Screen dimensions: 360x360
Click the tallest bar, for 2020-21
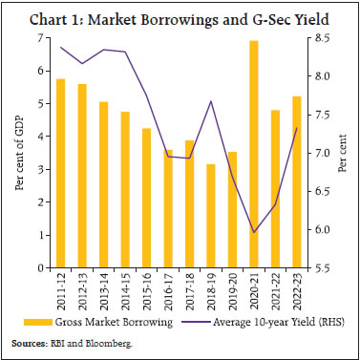[x=254, y=155]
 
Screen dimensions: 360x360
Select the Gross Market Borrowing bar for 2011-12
[x=61, y=173]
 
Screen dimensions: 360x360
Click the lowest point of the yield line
[x=254, y=232]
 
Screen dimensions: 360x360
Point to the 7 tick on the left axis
[x=39, y=37]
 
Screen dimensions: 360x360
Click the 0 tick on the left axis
[x=39, y=268]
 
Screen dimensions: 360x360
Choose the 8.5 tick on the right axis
[x=324, y=37]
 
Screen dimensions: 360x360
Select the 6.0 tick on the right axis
[x=324, y=230]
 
